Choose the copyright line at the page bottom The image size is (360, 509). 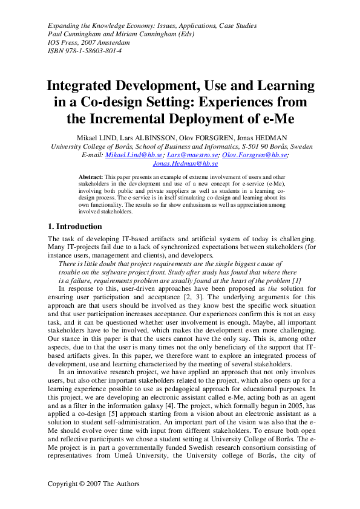tap(94, 484)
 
